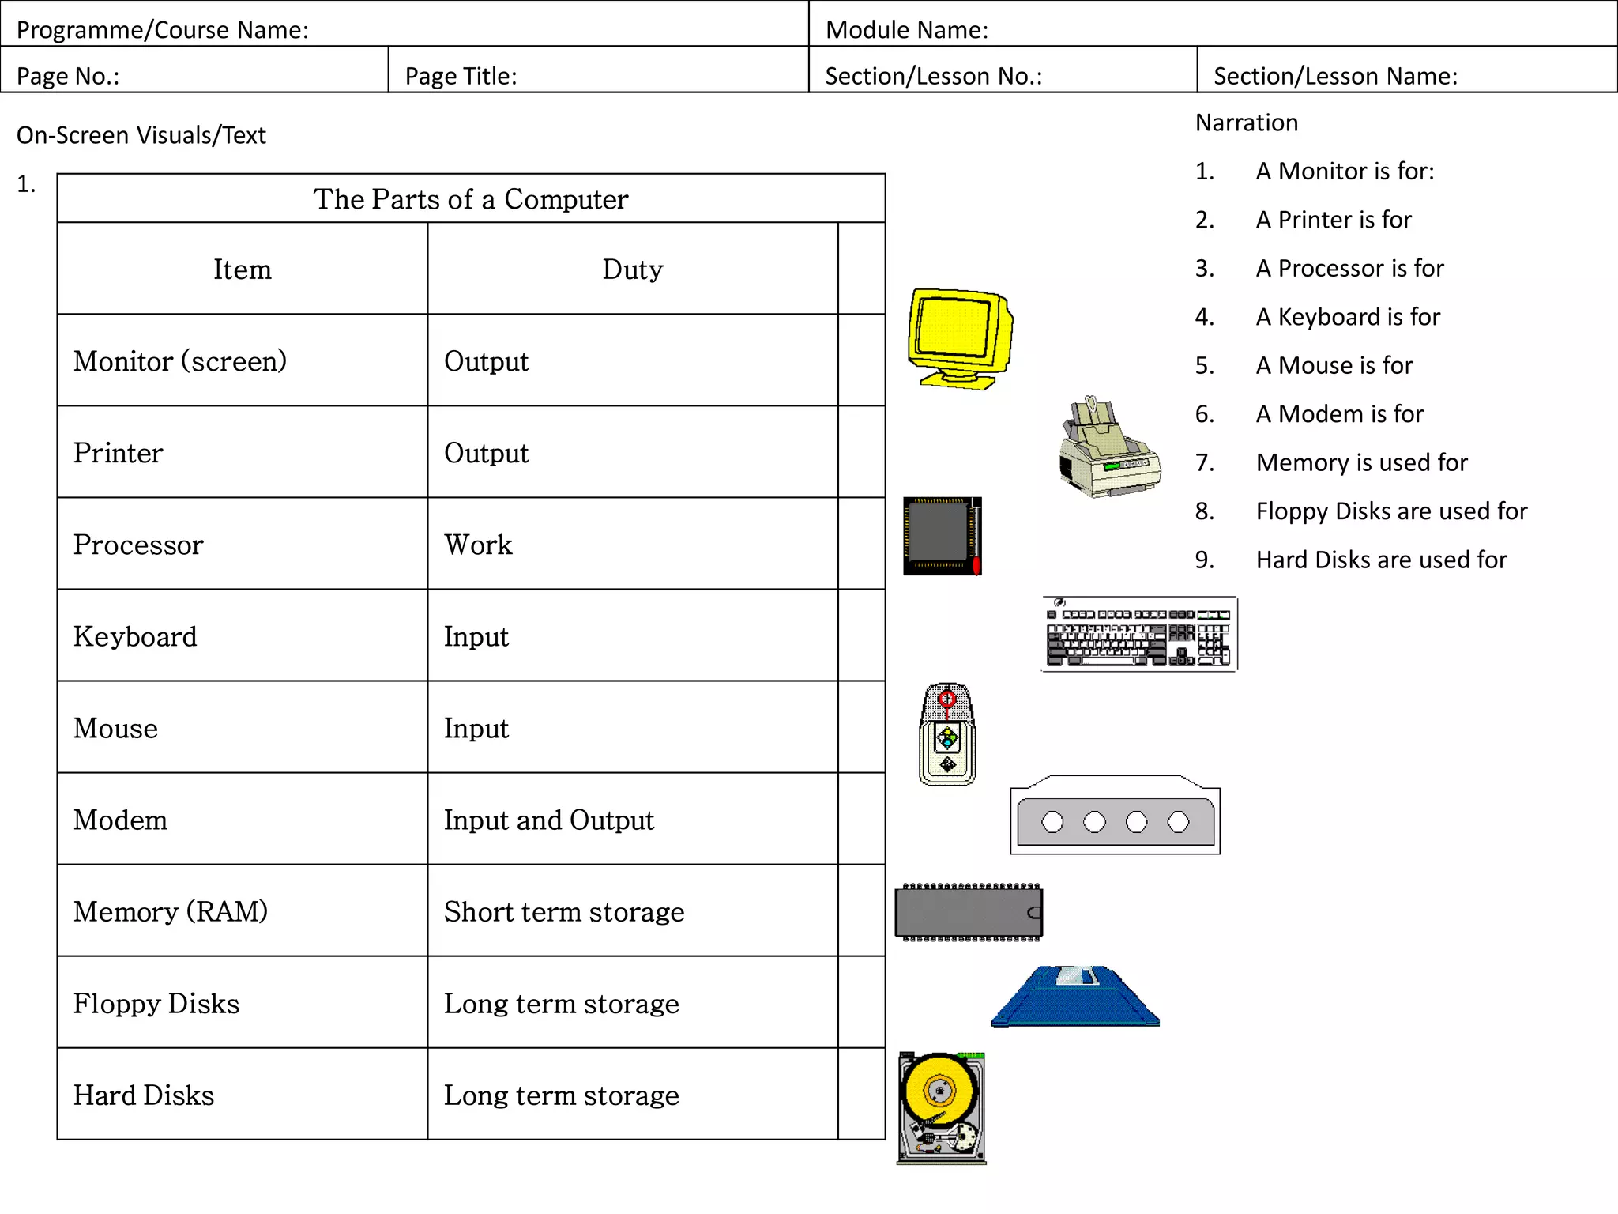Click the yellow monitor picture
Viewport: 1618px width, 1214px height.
[x=960, y=338]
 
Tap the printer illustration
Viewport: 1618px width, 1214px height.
[x=1109, y=449]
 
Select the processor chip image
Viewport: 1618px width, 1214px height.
[x=942, y=536]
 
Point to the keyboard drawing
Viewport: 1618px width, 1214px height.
[x=1138, y=634]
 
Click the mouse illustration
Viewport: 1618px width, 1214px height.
[x=947, y=734]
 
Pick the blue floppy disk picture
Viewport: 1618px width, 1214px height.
[x=1075, y=997]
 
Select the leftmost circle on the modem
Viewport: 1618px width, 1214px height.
[x=1052, y=822]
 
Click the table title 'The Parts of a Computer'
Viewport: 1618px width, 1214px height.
[x=471, y=199]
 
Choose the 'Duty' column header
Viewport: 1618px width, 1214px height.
[x=632, y=270]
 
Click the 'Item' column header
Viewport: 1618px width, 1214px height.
[x=242, y=270]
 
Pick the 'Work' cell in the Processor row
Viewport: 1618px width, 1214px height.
[x=478, y=545]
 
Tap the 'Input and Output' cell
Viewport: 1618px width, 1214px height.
[x=549, y=820]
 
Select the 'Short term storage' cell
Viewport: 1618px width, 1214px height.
[x=564, y=912]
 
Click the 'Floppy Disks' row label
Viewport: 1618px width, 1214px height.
[x=156, y=1004]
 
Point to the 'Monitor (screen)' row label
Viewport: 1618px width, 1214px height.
[x=180, y=361]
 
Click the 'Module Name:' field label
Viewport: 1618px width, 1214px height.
[x=907, y=30]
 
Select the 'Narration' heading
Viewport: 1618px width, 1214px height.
[x=1247, y=123]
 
